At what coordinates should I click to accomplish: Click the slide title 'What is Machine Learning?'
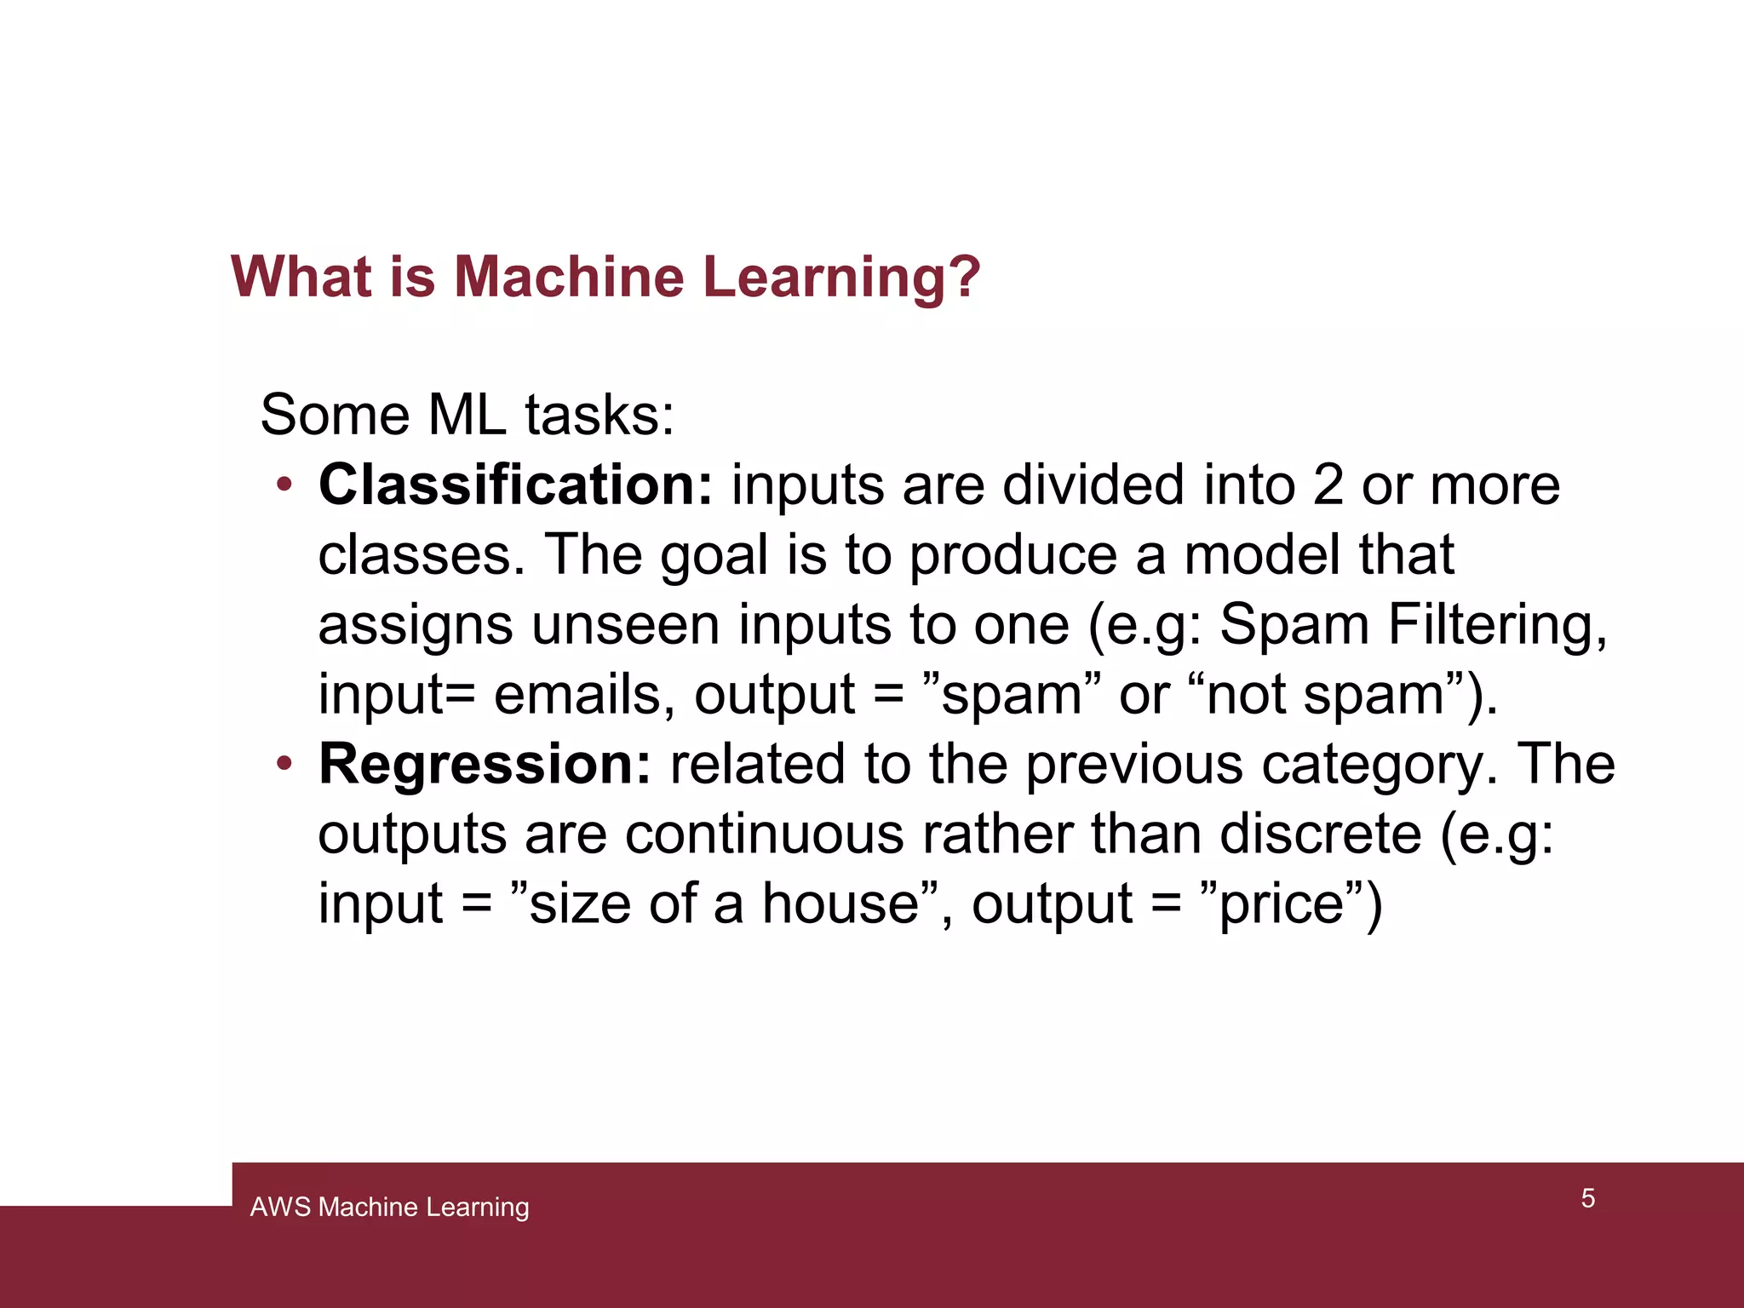pos(605,277)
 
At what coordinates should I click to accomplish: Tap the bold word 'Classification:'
pos(515,485)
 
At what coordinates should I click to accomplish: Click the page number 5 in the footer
pos(1588,1198)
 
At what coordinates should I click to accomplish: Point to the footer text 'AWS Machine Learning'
pos(389,1207)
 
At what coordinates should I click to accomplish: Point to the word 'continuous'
pos(765,834)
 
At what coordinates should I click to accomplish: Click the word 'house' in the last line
pos(839,904)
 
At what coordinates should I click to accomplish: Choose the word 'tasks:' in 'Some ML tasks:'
pos(599,416)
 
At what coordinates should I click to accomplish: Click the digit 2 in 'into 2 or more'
pos(1328,485)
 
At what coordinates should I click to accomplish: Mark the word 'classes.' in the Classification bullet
pos(422,555)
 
